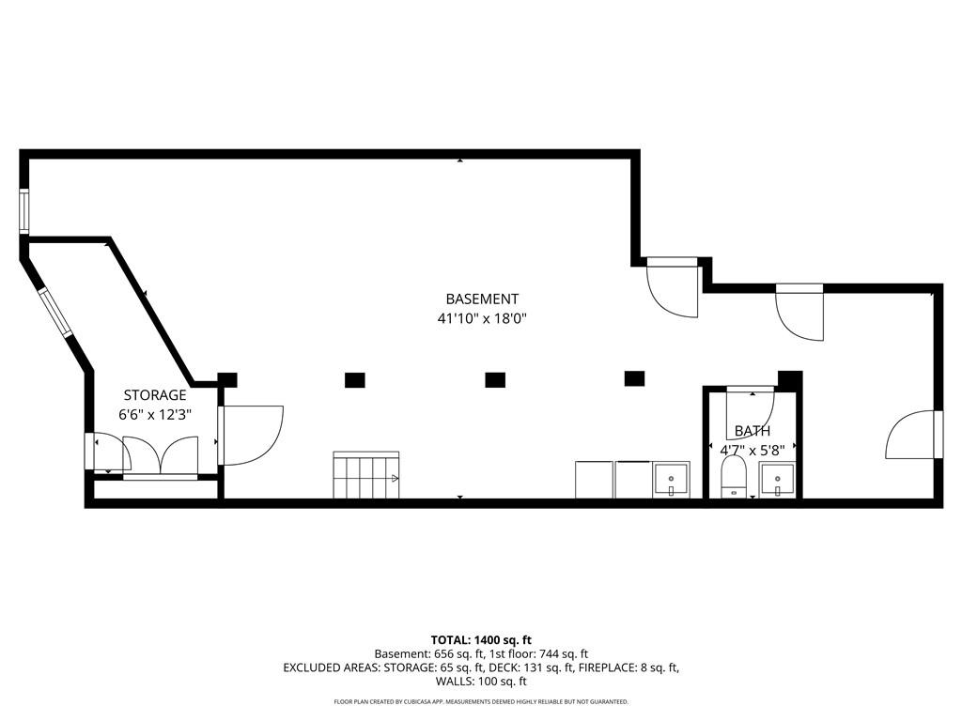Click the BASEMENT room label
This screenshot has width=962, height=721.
point(482,299)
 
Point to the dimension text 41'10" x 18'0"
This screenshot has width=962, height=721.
point(482,318)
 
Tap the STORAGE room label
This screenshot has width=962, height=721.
point(155,395)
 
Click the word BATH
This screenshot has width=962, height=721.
point(752,431)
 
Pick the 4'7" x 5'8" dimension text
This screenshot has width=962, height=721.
point(752,450)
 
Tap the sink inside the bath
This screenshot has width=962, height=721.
point(777,479)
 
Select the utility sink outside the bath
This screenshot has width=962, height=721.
point(671,479)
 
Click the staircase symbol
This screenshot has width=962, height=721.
point(365,475)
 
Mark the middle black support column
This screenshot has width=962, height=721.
point(495,379)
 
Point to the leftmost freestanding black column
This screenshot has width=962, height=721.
point(354,379)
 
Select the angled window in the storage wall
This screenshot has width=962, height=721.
point(54,314)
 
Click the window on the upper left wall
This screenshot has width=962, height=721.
point(24,211)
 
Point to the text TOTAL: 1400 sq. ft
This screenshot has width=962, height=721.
point(481,639)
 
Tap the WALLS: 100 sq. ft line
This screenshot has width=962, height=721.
point(481,683)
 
